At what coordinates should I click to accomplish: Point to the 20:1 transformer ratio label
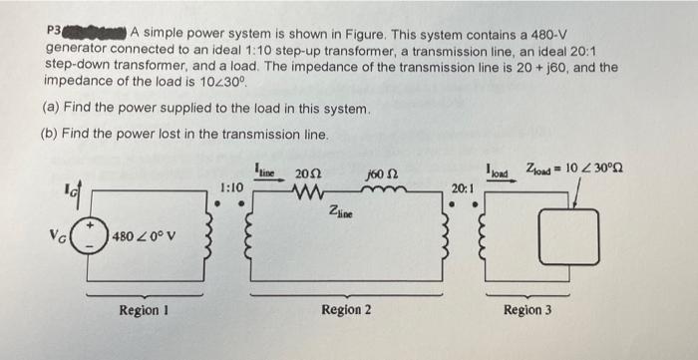tap(461, 187)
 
